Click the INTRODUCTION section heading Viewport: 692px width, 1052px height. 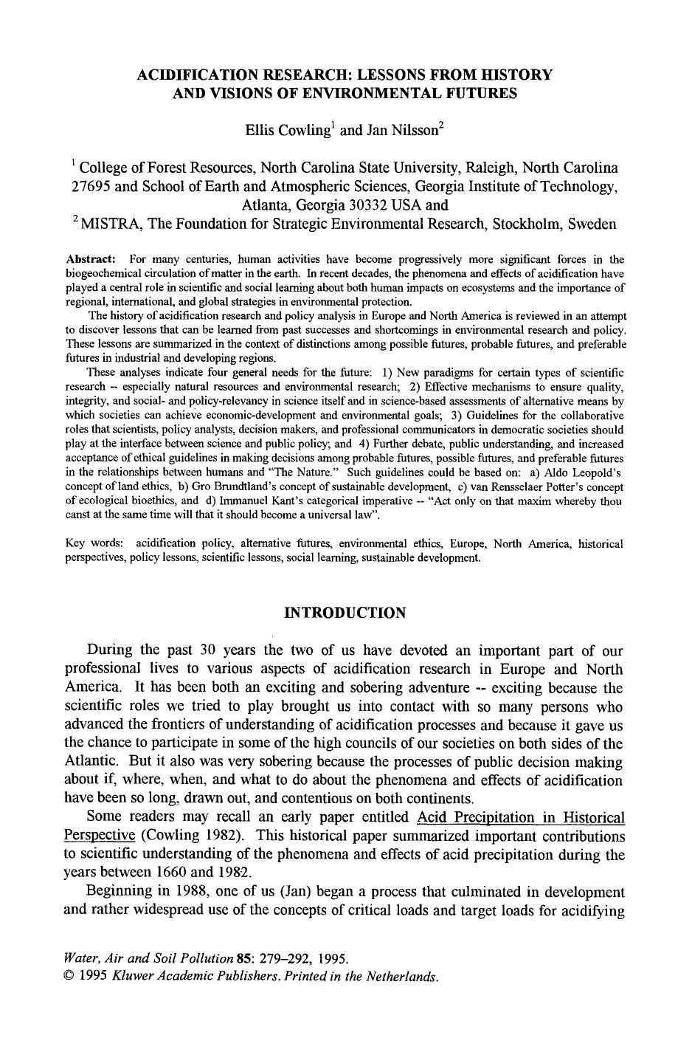coord(345,613)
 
